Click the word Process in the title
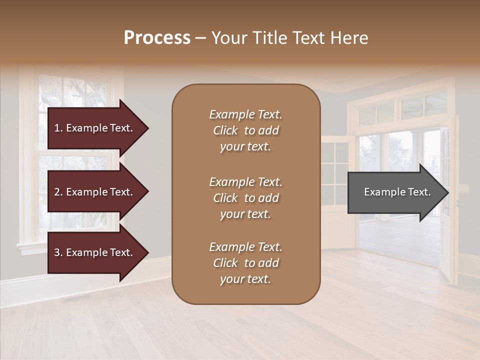[157, 38]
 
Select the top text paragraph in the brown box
[245, 130]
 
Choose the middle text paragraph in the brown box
[245, 198]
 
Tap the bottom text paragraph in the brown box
[245, 263]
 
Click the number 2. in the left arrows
[58, 192]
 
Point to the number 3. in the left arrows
[58, 252]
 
